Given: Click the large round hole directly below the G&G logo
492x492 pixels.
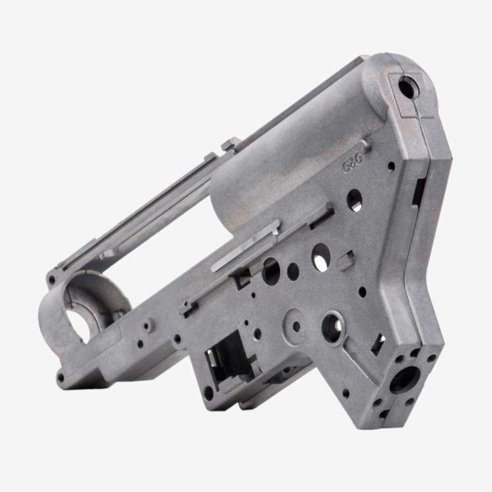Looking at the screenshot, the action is click(x=355, y=200).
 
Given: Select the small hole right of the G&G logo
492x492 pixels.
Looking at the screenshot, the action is click(x=391, y=166).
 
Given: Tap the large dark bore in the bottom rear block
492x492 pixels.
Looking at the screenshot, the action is click(x=404, y=379).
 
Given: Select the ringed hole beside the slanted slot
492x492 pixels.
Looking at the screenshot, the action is click(x=332, y=328).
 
